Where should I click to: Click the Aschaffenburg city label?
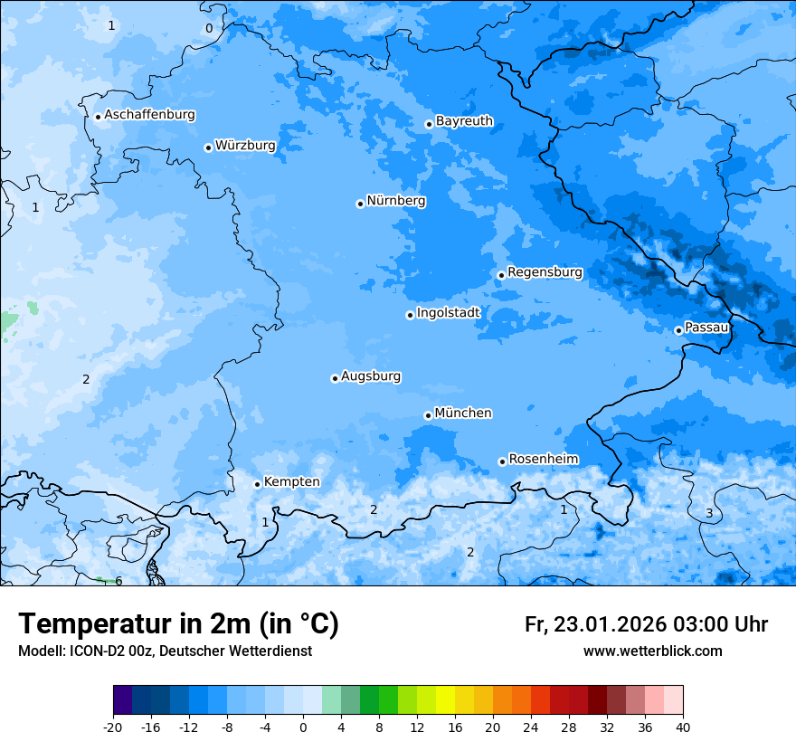149,115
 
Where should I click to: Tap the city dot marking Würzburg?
208,147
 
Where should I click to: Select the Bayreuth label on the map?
464,120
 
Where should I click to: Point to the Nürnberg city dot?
360,204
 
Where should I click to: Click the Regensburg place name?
545,271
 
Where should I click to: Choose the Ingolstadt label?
448,313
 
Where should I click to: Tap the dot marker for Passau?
678,330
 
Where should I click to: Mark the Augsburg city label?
371,375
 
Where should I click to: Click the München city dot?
428,415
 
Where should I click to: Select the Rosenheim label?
543,459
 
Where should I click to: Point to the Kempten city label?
291,481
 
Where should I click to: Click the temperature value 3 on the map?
709,513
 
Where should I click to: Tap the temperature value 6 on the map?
118,581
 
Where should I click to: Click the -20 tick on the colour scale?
113,727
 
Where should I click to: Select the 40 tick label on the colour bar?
683,727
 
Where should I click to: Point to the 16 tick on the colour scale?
455,727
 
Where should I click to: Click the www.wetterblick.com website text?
652,651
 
